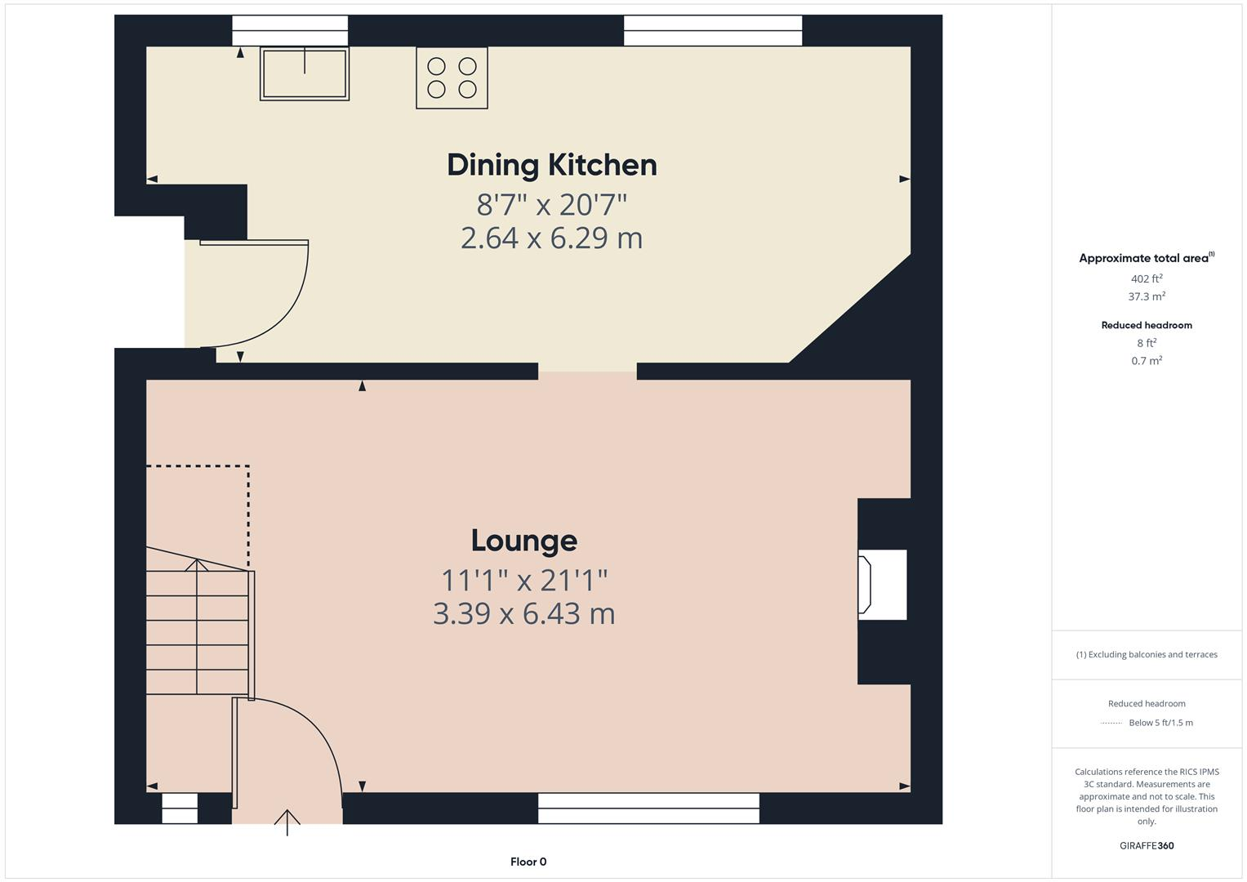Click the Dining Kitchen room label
551,165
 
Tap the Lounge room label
523,541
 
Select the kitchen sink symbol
305,73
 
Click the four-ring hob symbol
452,78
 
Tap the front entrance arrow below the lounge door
287,822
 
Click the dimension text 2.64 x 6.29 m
551,238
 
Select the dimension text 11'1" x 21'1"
523,581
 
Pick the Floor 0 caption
528,862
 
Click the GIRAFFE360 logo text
1146,845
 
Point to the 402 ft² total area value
1146,278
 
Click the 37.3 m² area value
1146,296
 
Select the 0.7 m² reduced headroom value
1146,360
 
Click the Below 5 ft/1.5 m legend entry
1160,723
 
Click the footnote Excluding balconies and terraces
1146,654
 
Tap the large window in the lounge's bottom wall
648,808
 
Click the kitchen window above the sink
290,31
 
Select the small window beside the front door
180,808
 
